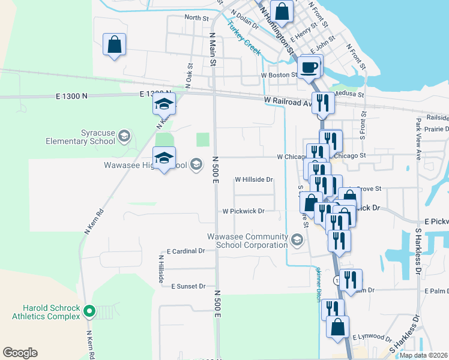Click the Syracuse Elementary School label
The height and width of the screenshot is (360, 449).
point(81,137)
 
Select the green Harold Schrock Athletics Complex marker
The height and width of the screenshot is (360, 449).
point(89,311)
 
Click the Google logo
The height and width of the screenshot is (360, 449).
point(20,353)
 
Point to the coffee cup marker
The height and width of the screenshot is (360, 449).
point(309,67)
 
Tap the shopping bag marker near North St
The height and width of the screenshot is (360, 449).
point(114,44)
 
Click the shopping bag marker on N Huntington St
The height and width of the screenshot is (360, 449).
point(282,11)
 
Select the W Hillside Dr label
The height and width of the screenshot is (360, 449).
point(254,179)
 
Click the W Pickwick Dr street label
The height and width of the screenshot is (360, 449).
point(244,211)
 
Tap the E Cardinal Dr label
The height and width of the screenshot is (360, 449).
point(186,251)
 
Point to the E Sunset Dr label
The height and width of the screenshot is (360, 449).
point(188,287)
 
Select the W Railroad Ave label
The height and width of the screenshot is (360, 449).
point(286,102)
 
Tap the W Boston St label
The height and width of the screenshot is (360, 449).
point(279,76)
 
